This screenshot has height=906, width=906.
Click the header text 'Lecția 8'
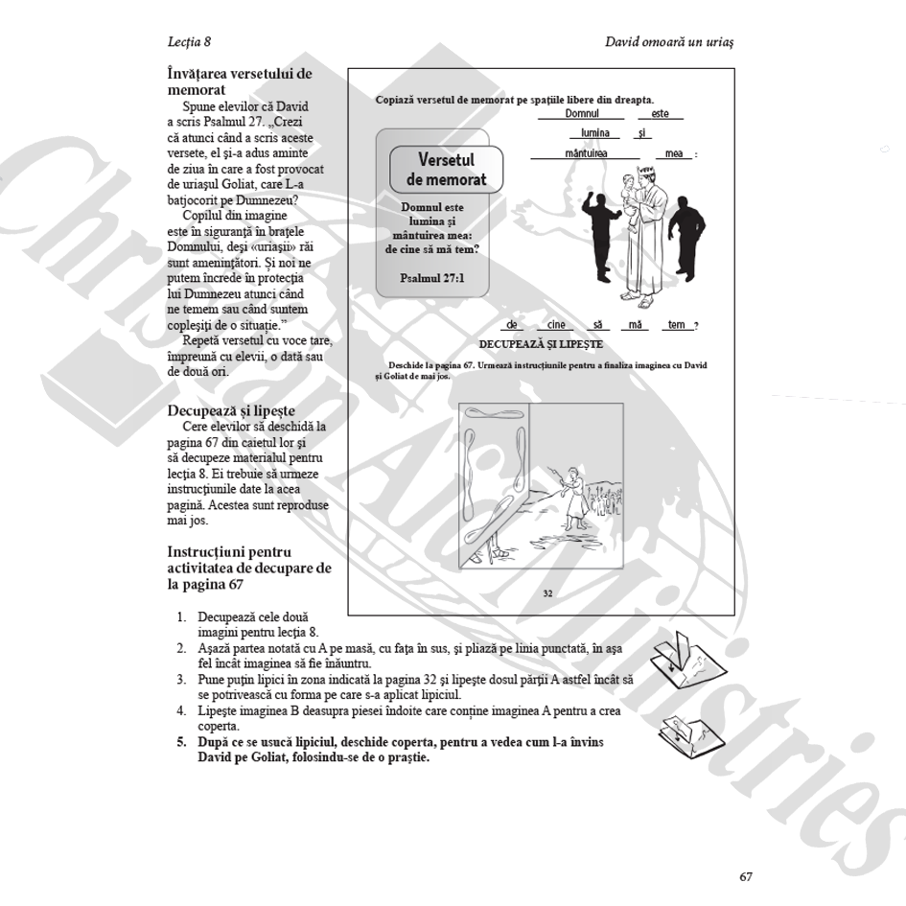tap(189, 42)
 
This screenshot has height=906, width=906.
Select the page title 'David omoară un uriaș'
tap(675, 42)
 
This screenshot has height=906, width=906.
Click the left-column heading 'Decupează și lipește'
tap(231, 410)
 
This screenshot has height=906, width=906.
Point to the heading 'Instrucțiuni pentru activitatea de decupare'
tap(249, 568)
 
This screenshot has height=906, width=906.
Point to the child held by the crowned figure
tap(632, 197)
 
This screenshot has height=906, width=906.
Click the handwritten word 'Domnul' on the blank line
tap(582, 114)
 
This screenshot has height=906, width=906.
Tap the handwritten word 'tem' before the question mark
tap(676, 325)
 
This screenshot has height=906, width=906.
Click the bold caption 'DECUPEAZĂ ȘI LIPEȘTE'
tap(541, 343)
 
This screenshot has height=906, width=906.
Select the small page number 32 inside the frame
tap(547, 593)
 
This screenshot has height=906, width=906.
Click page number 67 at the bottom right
tap(746, 876)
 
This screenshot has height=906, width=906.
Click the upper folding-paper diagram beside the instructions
tap(688, 660)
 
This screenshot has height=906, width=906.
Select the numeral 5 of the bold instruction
tap(180, 742)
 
